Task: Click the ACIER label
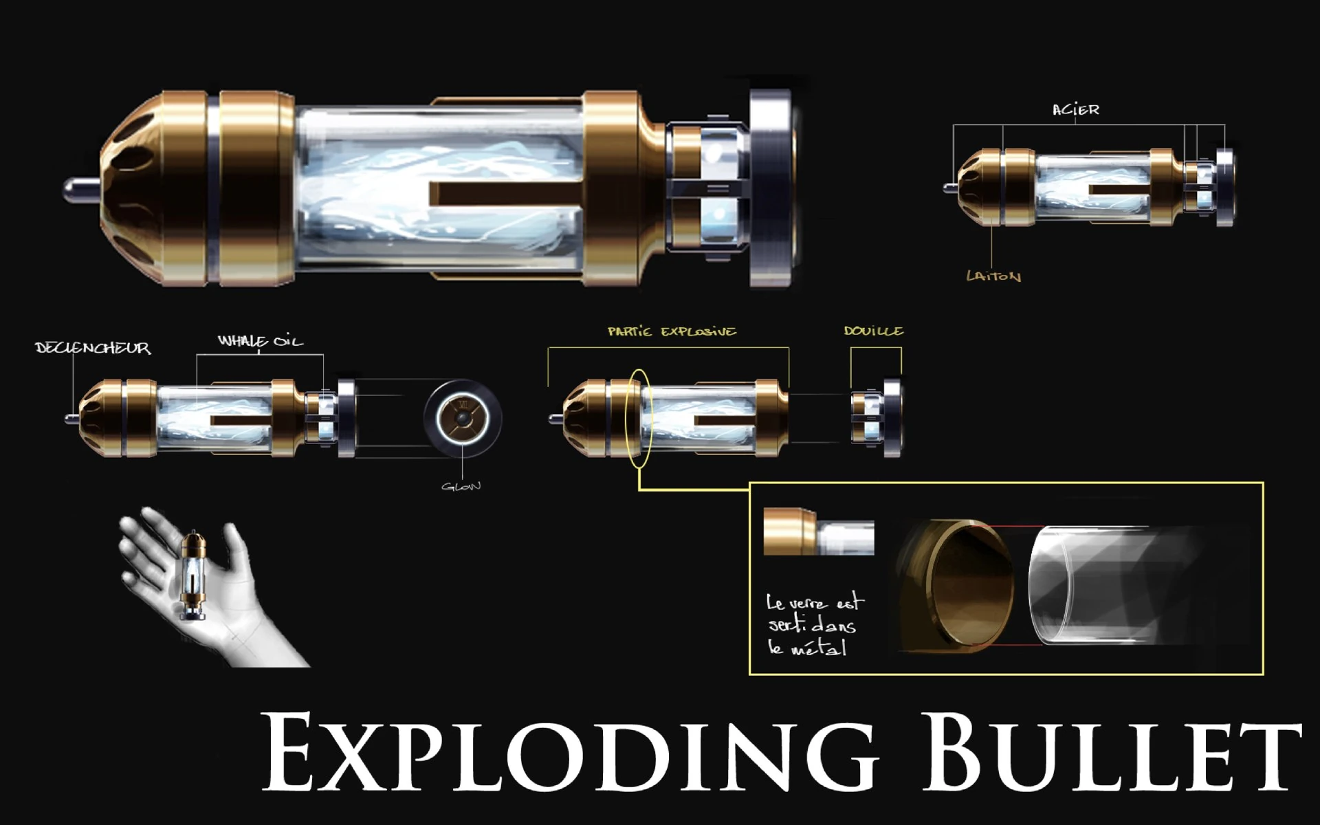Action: [1076, 110]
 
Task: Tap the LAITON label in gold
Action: [993, 276]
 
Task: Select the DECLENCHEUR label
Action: [93, 348]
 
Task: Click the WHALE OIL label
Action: [260, 341]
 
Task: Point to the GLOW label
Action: [461, 487]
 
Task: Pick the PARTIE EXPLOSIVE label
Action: [672, 331]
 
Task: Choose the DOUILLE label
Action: [874, 331]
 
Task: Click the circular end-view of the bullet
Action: [463, 417]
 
